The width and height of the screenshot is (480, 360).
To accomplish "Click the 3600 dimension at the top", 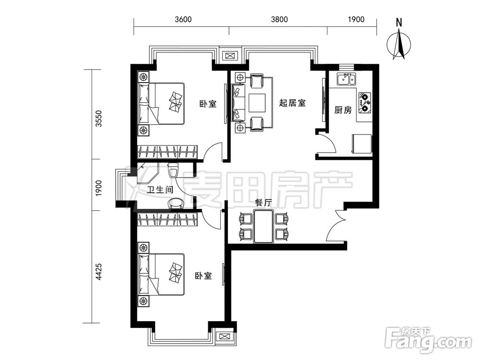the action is click(183, 19).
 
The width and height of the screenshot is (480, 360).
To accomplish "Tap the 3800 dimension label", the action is click(279, 19).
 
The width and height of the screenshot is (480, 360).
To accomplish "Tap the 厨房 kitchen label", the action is click(343, 109).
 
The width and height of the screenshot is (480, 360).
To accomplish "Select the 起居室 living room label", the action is click(292, 103).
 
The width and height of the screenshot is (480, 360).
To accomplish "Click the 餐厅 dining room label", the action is click(263, 203).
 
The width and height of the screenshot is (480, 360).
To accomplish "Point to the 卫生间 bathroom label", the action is click(160, 190).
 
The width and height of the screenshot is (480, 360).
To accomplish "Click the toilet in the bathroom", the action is click(173, 170).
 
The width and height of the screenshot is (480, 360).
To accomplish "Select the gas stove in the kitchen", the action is click(364, 102).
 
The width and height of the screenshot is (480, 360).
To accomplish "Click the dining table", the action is click(263, 226).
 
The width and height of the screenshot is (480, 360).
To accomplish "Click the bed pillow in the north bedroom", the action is click(175, 102).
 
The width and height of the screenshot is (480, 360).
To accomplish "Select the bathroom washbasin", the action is click(176, 204).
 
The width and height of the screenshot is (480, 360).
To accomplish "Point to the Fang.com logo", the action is click(429, 340).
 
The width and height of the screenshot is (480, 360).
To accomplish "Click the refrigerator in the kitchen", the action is click(362, 143).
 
